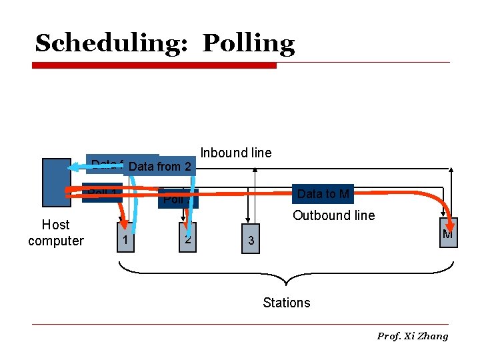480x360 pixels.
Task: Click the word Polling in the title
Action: [x=248, y=44]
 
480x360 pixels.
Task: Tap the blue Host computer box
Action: [x=56, y=183]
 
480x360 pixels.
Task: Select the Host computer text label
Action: [x=56, y=233]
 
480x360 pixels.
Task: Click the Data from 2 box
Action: [x=160, y=166]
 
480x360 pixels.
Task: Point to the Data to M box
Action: [x=323, y=194]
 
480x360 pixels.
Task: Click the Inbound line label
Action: [x=236, y=153]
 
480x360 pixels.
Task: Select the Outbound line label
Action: [x=333, y=215]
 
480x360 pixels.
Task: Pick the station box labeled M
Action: [x=448, y=234]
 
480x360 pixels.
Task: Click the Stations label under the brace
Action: [x=287, y=303]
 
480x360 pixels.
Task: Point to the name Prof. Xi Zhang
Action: [x=413, y=336]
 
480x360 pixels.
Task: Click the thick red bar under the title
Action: [x=155, y=65]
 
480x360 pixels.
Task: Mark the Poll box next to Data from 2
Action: [x=177, y=199]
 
